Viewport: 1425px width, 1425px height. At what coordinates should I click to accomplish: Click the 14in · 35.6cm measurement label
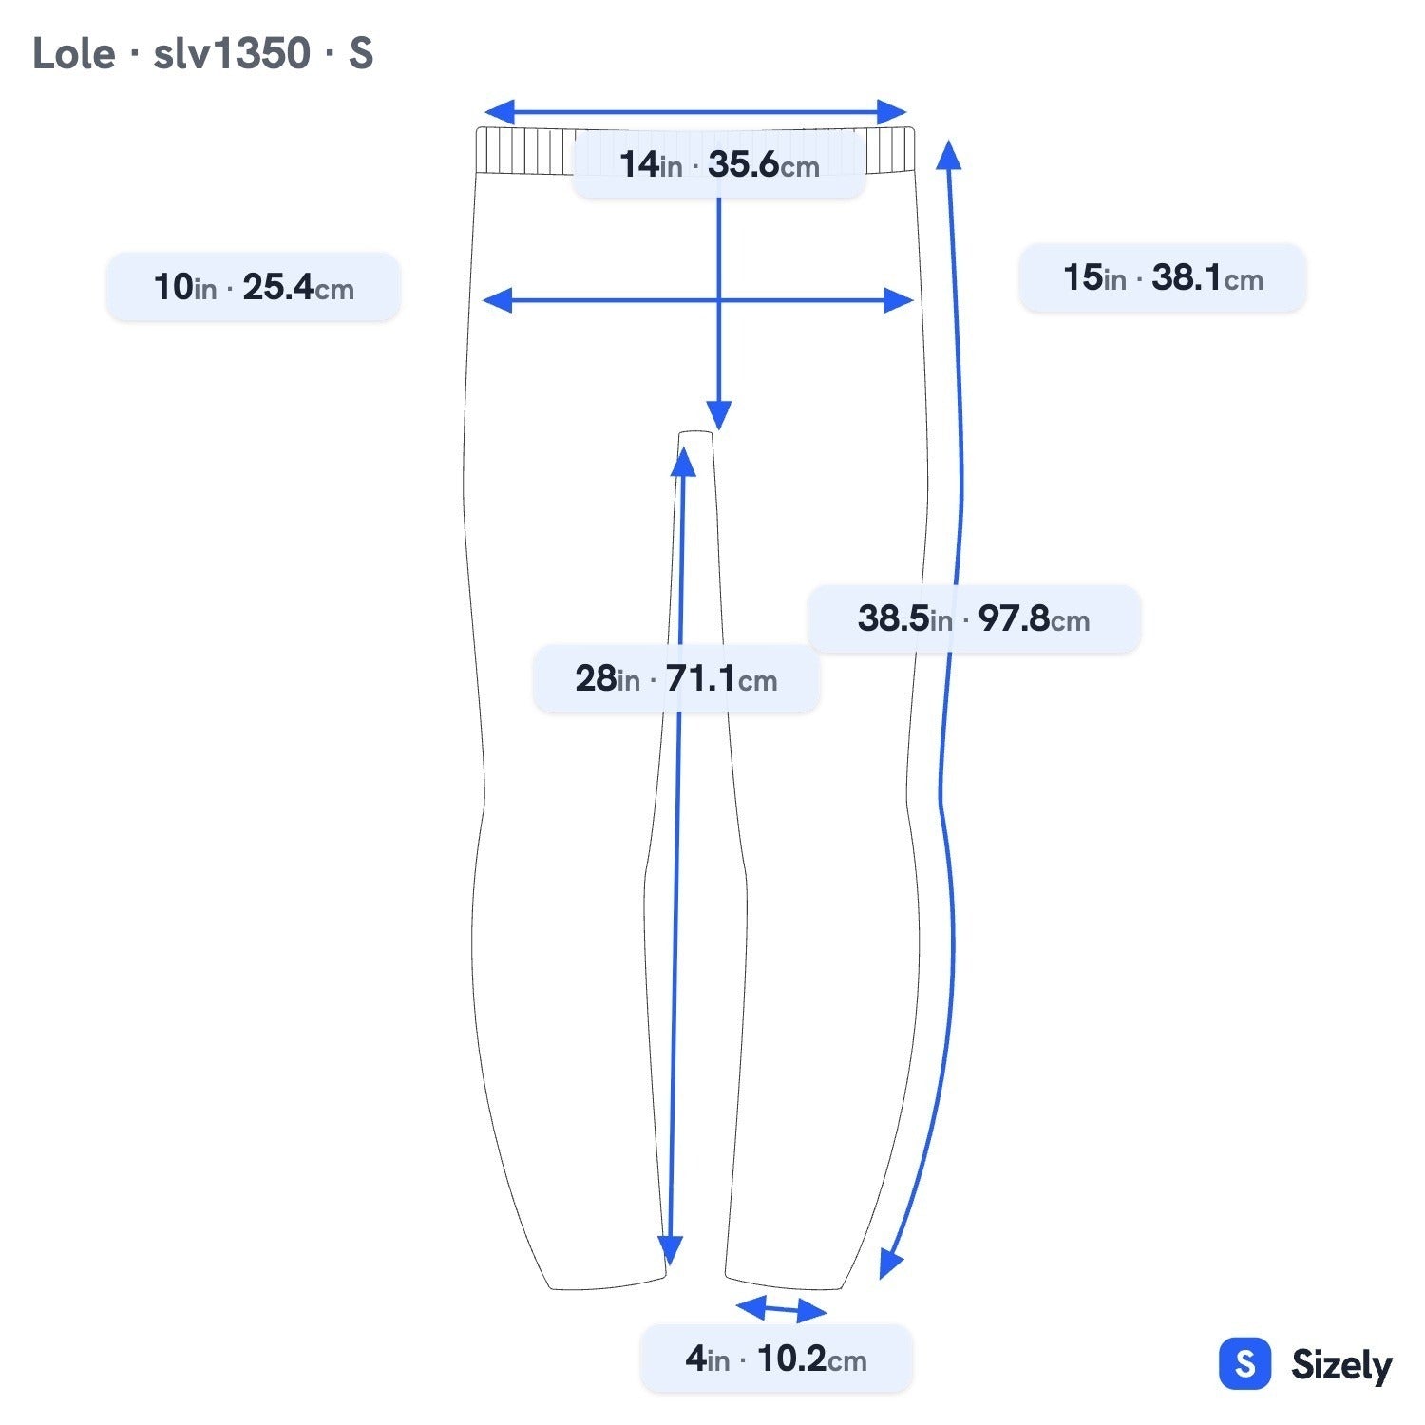[718, 164]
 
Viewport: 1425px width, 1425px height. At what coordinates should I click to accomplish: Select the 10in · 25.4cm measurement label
[254, 286]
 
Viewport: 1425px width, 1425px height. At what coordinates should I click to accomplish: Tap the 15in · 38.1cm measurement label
[1163, 277]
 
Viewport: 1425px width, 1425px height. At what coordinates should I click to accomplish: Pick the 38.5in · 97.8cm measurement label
[974, 618]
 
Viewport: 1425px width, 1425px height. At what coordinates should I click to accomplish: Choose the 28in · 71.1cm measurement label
[676, 678]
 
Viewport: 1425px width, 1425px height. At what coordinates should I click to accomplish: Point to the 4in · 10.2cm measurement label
[776, 1358]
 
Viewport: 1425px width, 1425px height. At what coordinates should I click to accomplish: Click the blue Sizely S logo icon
[1244, 1364]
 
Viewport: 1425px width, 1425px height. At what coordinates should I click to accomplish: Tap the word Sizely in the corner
[1341, 1366]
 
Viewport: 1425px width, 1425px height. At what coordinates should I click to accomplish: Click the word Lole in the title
[73, 53]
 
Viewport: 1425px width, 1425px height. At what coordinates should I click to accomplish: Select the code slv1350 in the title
[232, 53]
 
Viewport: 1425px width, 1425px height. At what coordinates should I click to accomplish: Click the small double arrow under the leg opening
[781, 1309]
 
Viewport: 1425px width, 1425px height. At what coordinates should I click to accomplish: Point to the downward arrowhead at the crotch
[719, 416]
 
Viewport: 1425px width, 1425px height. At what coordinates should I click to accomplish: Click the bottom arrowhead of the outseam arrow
[889, 1264]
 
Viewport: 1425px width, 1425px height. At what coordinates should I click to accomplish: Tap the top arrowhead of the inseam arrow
[683, 461]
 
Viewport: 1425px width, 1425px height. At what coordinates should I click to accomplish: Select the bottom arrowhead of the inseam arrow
[670, 1251]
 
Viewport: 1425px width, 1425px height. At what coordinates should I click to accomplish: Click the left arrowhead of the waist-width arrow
[500, 111]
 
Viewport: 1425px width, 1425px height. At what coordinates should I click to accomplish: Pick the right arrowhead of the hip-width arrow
[898, 300]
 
